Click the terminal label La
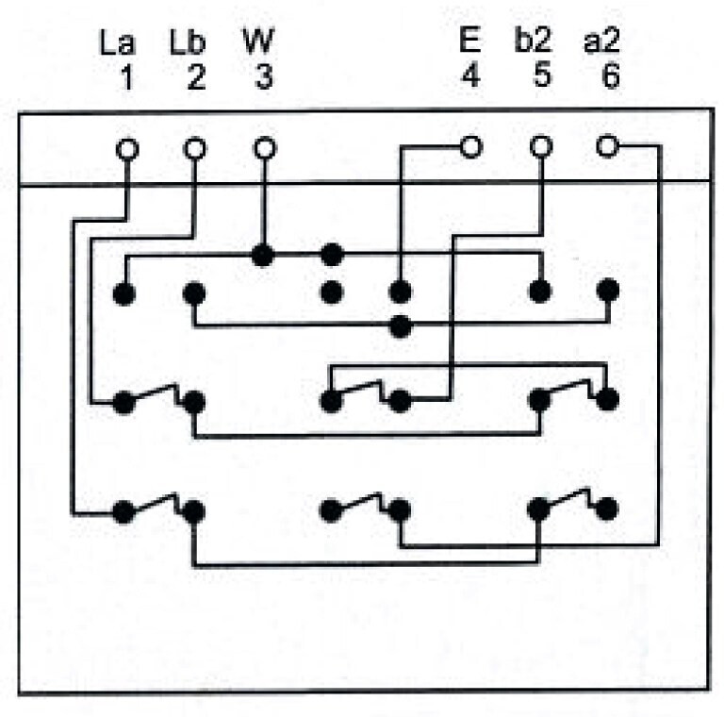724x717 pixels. tap(117, 42)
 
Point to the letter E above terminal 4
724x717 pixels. tap(469, 42)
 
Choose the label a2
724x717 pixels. tap(603, 42)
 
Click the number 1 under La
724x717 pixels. tap(126, 76)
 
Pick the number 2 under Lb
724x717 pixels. tap(195, 76)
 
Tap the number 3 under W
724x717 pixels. tap(264, 76)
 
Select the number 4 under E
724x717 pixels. tap(469, 76)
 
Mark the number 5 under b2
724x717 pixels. tap(541, 76)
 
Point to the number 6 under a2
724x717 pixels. tap(611, 76)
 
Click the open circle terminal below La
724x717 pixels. tap(125, 149)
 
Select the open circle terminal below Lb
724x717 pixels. tap(195, 149)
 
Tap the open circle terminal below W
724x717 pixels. tap(265, 149)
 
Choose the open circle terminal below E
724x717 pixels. tap(470, 147)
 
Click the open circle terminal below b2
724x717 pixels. tap(540, 147)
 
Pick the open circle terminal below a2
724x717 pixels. tap(608, 146)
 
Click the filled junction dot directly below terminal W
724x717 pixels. tap(263, 255)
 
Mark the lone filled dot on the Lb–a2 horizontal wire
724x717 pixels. tap(401, 326)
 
